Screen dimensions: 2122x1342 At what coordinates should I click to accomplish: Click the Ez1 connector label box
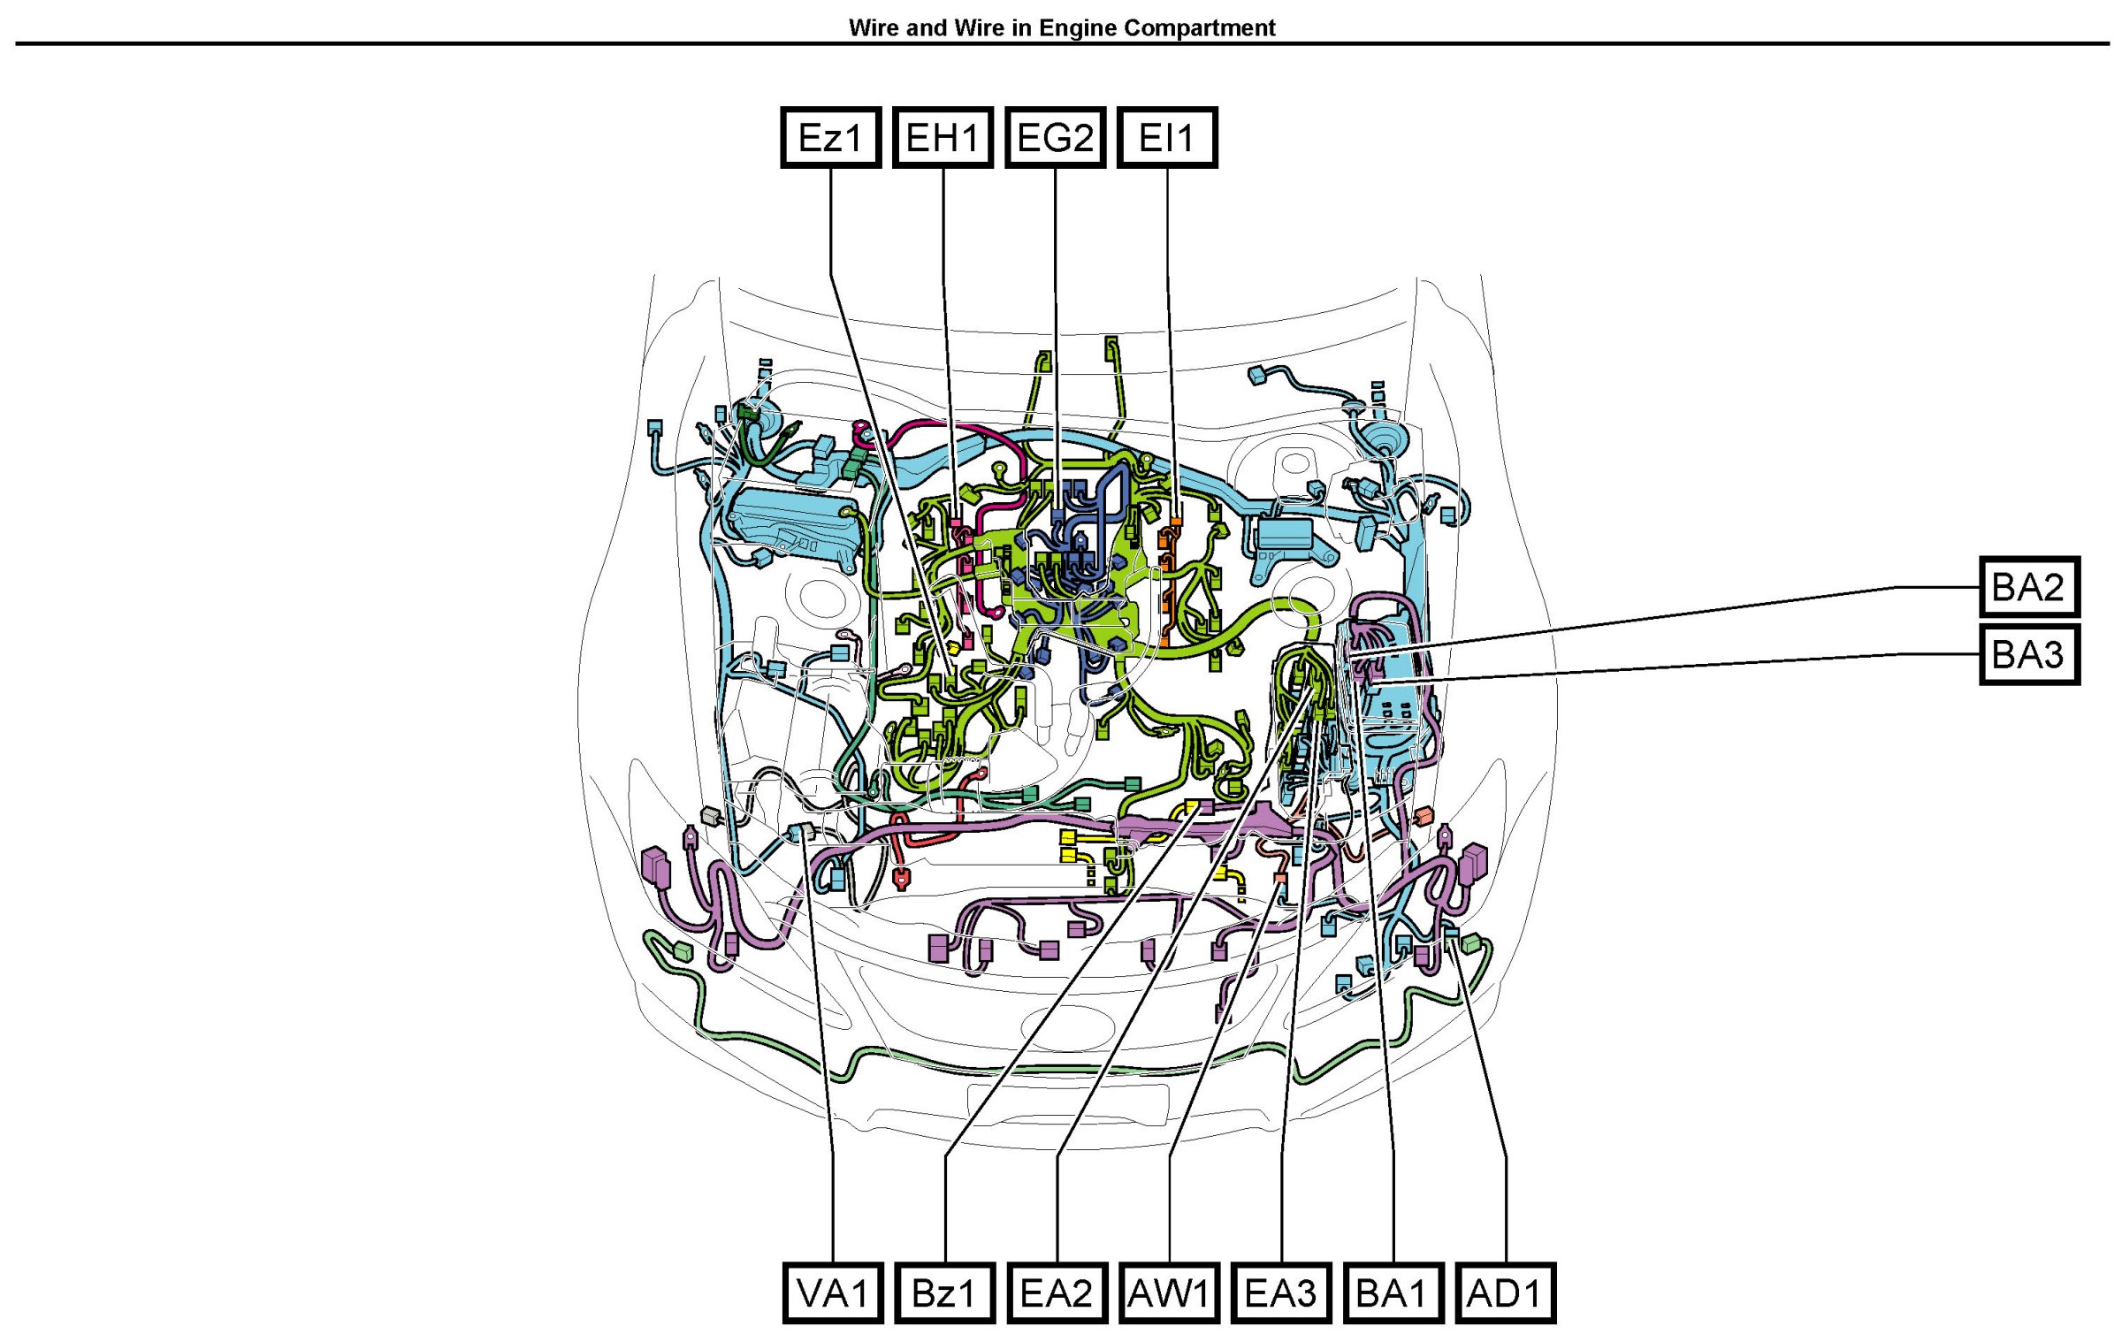830,137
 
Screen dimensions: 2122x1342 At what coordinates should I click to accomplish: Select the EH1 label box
943,137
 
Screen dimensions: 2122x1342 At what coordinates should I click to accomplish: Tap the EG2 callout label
1055,137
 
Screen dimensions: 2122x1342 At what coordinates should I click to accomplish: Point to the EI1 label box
1167,137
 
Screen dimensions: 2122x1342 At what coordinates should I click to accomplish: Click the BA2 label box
2029,586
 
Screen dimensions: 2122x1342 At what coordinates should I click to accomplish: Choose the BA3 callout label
2029,654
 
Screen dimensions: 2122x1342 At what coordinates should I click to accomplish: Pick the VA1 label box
833,1292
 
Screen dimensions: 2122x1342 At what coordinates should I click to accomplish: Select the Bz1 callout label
944,1292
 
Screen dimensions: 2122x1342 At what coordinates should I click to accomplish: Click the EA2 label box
1057,1292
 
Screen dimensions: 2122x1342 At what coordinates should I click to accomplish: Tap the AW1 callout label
1169,1292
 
